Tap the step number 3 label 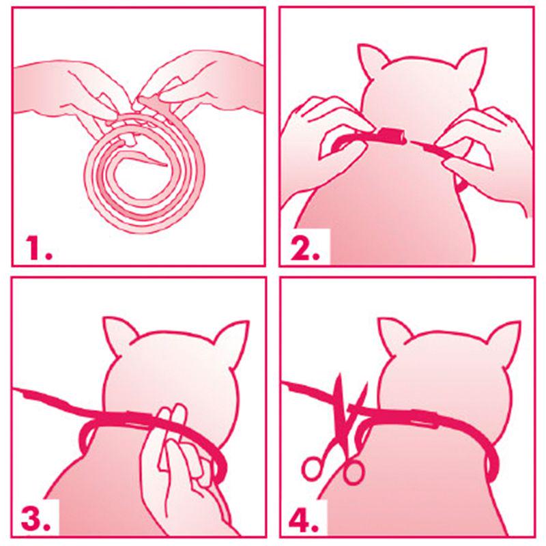click(35, 519)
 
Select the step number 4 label click(305, 519)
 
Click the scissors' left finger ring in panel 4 click(312, 470)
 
